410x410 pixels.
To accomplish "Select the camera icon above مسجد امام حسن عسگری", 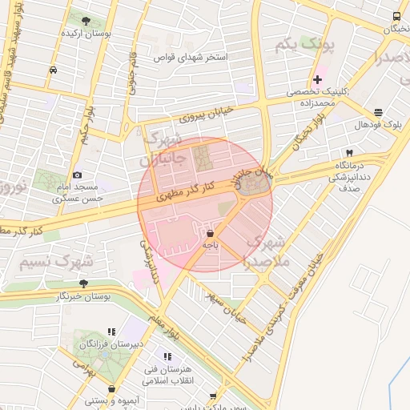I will coord(77,175).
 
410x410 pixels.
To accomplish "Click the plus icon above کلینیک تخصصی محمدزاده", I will coord(317,79).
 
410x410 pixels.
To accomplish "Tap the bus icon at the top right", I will coord(397,17).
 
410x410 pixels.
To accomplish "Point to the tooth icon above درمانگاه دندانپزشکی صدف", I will coord(349,153).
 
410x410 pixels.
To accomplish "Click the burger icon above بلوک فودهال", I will coord(377,113).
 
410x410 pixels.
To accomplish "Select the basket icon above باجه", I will coord(210,231).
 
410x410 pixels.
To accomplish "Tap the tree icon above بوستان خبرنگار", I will coord(84,283).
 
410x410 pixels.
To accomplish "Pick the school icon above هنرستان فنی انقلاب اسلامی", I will coord(167,356).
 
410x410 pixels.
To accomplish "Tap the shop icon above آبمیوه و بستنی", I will coord(111,389).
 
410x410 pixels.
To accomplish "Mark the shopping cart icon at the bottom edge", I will coord(211,397).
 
